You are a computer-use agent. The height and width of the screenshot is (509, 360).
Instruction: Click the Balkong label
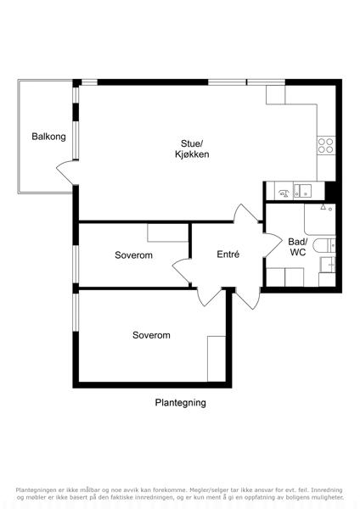(48, 137)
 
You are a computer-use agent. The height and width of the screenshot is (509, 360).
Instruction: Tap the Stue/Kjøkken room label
(192, 148)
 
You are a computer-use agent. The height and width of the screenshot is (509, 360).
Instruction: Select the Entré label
(228, 255)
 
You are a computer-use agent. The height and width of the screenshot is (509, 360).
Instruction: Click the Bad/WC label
(298, 247)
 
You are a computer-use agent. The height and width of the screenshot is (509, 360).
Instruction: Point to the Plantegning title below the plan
(180, 402)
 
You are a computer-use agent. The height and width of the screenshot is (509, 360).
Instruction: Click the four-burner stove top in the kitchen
(326, 145)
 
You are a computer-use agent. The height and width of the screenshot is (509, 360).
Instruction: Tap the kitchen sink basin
(303, 191)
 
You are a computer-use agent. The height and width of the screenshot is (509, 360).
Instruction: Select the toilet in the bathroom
(324, 245)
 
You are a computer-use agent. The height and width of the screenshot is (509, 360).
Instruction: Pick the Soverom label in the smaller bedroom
(133, 255)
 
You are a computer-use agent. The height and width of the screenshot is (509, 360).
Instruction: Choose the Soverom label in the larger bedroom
(151, 335)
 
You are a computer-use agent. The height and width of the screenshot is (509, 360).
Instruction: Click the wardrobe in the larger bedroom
(217, 359)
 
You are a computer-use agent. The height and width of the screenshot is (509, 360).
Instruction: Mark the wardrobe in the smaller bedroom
(167, 232)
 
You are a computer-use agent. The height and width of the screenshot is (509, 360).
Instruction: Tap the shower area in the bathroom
(320, 219)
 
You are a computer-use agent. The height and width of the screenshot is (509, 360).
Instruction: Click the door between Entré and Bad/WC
(273, 245)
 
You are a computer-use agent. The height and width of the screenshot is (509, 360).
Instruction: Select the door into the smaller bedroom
(181, 272)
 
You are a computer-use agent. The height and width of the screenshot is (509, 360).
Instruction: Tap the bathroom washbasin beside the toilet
(328, 265)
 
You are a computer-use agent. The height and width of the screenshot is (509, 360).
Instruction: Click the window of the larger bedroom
(76, 312)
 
